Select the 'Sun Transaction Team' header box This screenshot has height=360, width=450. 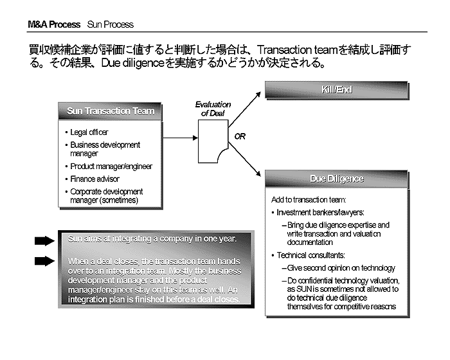(x=111, y=111)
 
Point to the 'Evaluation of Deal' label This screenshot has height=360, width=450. (x=213, y=109)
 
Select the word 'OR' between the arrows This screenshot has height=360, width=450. (x=240, y=136)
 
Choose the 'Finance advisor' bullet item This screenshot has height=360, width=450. (x=94, y=179)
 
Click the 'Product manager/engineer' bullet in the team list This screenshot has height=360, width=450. (x=111, y=166)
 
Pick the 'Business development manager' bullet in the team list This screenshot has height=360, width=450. (x=105, y=149)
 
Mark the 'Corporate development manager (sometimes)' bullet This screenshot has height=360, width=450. (x=106, y=196)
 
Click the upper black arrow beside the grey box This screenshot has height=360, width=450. (x=44, y=240)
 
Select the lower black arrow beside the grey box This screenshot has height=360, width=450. (x=44, y=261)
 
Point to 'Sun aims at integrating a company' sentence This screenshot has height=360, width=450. (x=152, y=239)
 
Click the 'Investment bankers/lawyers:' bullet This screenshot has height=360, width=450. (x=320, y=212)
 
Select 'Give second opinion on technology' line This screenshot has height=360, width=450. (x=341, y=268)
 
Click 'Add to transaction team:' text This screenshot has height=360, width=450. (x=309, y=199)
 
